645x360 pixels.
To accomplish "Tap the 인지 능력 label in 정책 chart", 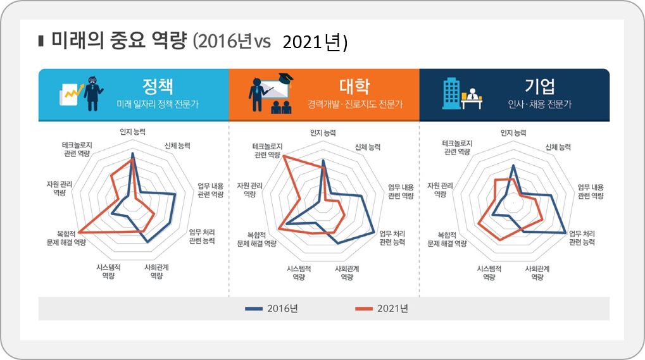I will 132,133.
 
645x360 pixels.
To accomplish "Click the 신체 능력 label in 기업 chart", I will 558,146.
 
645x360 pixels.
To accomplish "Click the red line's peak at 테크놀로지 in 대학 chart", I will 284,156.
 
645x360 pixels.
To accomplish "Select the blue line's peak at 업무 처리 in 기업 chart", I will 565,233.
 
